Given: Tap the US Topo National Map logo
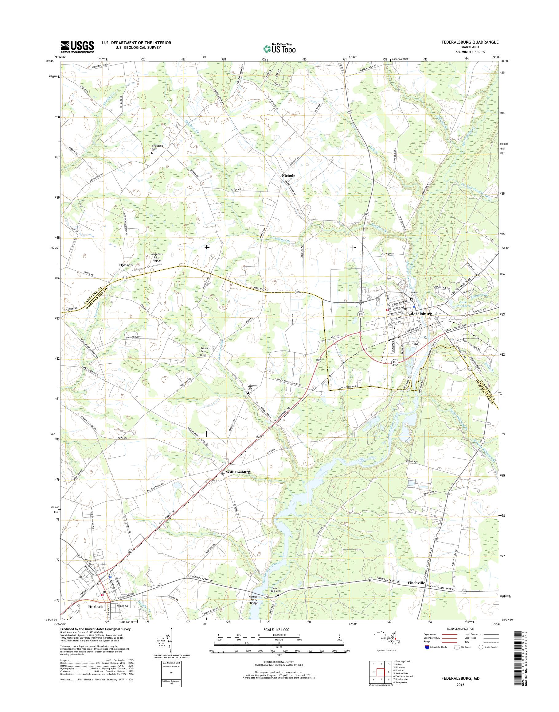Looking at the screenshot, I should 279,48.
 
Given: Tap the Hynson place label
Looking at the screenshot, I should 126,265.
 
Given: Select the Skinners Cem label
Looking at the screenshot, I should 205,350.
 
